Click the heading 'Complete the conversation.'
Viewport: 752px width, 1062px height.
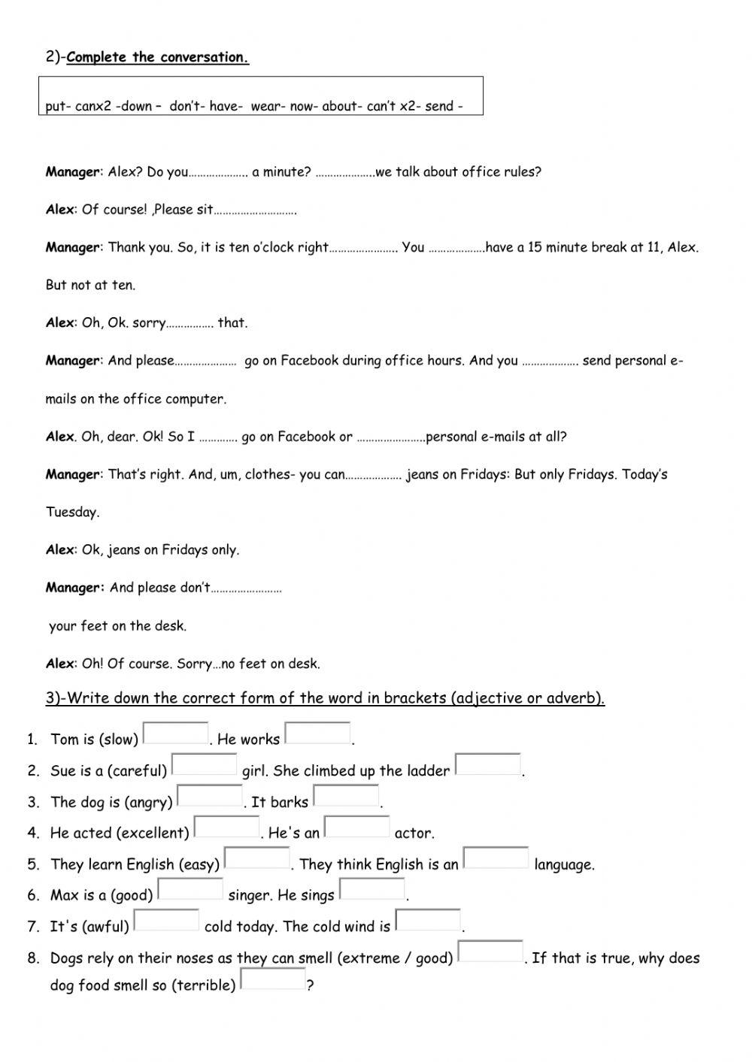tap(157, 57)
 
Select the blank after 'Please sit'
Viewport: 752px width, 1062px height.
tap(255, 211)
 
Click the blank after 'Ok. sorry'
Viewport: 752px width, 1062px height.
tap(190, 324)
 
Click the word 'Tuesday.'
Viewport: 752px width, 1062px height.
tap(72, 513)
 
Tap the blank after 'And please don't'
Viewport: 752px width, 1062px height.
tap(246, 589)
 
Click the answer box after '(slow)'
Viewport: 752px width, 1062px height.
tap(175, 733)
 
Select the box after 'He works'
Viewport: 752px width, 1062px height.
tap(317, 733)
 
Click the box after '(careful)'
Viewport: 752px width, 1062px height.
tap(204, 764)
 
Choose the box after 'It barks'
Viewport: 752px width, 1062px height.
tap(346, 795)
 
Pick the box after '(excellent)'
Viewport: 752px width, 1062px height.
tap(226, 827)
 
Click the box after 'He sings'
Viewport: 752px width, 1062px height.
tap(372, 889)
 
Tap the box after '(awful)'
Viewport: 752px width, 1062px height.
tap(166, 921)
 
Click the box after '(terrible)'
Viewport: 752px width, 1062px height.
tap(273, 979)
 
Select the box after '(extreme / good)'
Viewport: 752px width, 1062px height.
tap(490, 952)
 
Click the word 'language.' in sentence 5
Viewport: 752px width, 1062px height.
tap(564, 864)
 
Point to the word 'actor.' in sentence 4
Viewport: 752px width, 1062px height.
tap(414, 834)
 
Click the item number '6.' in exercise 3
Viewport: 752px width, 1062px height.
tap(34, 896)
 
